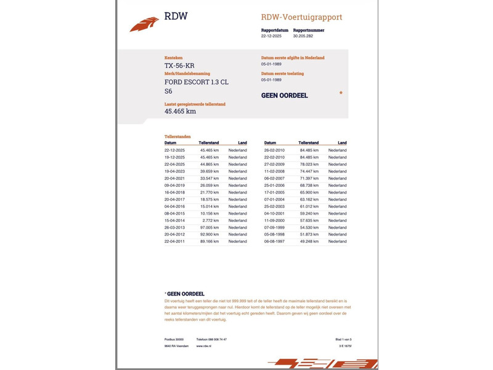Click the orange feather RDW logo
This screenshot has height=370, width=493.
tap(144, 24)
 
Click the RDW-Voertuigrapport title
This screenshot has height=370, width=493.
tap(301, 17)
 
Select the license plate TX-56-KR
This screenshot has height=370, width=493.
tap(179, 66)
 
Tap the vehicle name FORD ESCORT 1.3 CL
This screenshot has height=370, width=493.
tap(196, 81)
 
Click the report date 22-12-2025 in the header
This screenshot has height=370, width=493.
tap(271, 36)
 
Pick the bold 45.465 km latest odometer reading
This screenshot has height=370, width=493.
tap(180, 112)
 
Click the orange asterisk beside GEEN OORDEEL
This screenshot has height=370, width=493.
tap(341, 94)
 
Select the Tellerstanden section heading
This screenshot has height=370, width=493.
tap(177, 136)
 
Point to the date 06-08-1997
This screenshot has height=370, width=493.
tap(274, 242)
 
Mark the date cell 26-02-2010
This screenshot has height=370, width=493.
tap(274, 150)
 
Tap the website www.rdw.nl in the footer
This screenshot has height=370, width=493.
tap(205, 347)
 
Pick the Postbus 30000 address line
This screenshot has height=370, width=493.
tap(174, 339)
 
